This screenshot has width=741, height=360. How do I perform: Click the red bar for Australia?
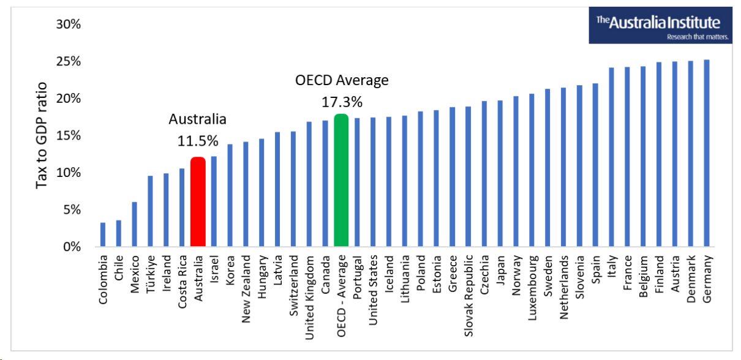pyautogui.click(x=198, y=202)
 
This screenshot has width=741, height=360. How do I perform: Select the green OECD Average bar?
pyautogui.click(x=341, y=181)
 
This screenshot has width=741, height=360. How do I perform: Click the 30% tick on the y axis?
pyautogui.click(x=69, y=24)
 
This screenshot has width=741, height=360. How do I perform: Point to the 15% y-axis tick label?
pyautogui.click(x=69, y=136)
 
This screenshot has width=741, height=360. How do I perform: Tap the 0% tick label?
pyautogui.click(x=71, y=247)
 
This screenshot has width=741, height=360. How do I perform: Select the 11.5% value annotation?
pyautogui.click(x=198, y=141)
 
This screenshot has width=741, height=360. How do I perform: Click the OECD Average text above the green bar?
pyautogui.click(x=342, y=80)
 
